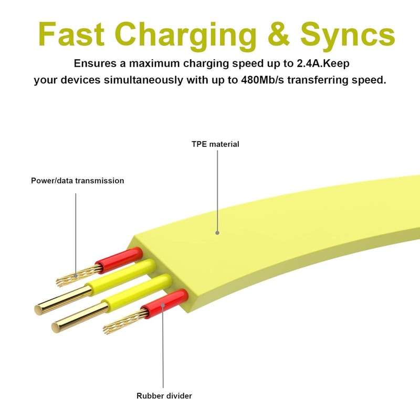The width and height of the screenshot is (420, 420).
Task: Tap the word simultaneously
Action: [158, 80]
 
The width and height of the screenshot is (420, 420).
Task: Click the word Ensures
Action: [96, 64]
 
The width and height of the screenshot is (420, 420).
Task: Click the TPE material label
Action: [215, 144]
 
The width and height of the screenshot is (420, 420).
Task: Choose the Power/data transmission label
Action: [77, 181]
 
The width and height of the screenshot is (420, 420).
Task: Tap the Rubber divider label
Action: [164, 396]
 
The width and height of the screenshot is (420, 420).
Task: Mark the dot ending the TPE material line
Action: [216, 232]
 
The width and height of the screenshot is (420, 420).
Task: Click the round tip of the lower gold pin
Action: [56, 326]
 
